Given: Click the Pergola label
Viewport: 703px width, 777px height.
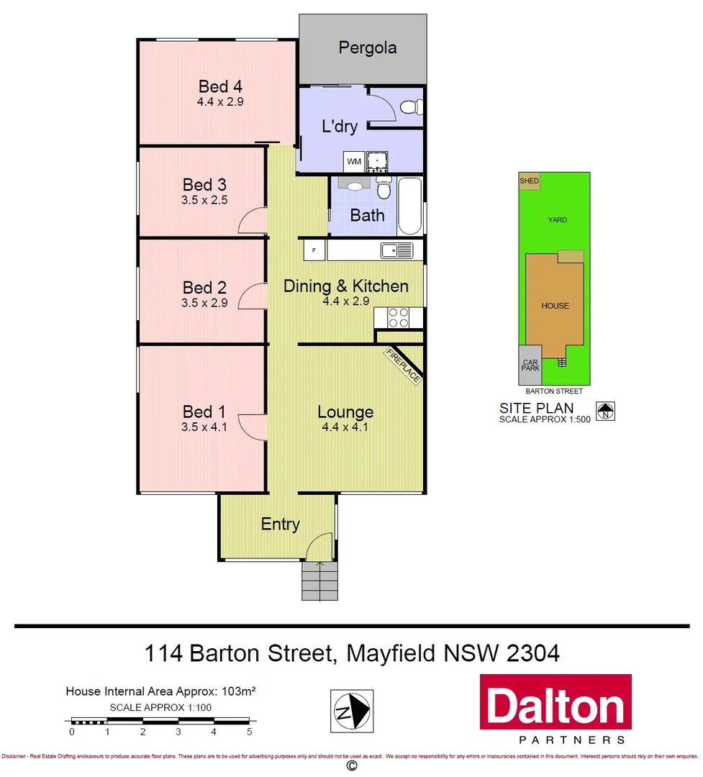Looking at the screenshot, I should (368, 49).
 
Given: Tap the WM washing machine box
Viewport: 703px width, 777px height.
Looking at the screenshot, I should (354, 161).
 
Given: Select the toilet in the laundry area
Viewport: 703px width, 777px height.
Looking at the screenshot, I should (411, 108).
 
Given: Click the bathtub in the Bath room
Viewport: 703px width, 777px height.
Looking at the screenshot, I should (410, 206).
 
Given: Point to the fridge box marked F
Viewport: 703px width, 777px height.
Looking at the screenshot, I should (314, 250).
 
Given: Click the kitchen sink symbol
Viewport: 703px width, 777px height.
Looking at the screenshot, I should (397, 250).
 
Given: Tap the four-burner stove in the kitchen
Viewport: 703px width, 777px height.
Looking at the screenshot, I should (399, 318).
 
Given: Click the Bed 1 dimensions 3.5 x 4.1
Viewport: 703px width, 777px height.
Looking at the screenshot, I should (204, 427).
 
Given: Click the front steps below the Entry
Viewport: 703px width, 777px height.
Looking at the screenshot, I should (319, 581).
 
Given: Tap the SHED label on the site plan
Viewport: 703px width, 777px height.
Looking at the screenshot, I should (529, 181).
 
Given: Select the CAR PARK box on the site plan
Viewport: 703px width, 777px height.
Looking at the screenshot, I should (530, 365).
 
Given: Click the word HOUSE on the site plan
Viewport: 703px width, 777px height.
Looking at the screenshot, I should (555, 306).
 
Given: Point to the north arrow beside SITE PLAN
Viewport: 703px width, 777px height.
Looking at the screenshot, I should (606, 411).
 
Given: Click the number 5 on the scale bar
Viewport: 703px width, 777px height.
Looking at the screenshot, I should (250, 732).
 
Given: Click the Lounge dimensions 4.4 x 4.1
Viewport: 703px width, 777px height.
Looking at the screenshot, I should (345, 427).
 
